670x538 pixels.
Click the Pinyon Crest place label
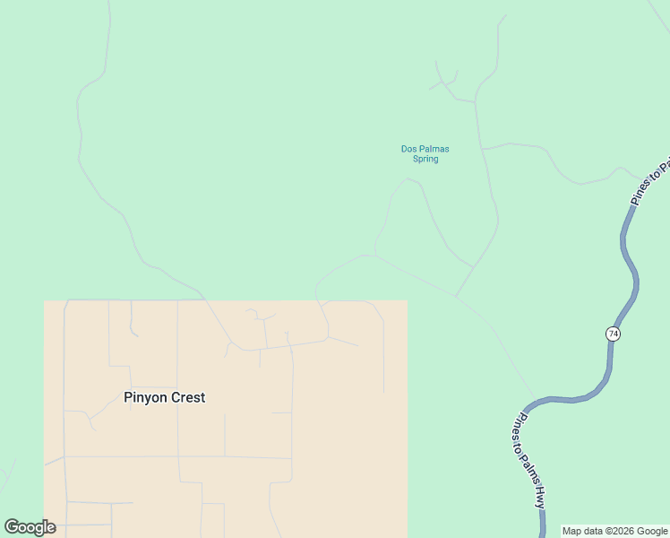click(164, 397)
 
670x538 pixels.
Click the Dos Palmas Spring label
click(425, 154)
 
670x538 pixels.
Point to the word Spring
click(425, 160)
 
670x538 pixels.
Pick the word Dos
click(408, 149)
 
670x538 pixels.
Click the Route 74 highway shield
click(613, 334)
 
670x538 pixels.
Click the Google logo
click(30, 527)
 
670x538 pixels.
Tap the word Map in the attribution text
click(572, 531)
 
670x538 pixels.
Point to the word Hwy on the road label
click(539, 498)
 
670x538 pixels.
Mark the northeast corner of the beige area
click(408, 301)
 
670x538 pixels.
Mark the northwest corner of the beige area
click(45, 301)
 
